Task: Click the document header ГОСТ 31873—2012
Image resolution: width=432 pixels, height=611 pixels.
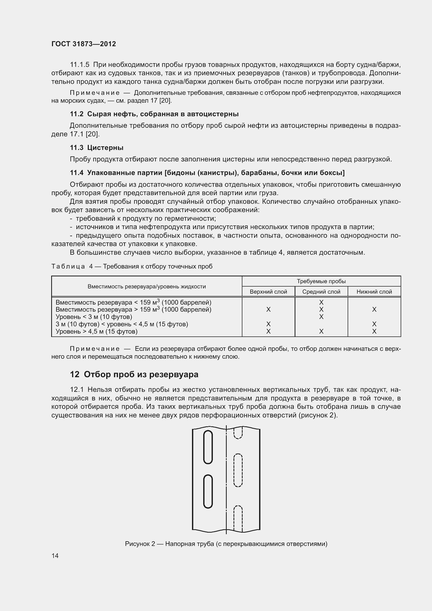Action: (x=84, y=44)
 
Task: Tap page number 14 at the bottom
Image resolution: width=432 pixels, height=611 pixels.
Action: (x=55, y=556)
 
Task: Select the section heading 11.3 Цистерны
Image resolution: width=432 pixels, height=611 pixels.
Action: (x=97, y=148)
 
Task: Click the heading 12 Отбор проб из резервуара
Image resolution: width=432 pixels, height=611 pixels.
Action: (x=134, y=374)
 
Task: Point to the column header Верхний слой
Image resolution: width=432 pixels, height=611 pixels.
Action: (x=268, y=292)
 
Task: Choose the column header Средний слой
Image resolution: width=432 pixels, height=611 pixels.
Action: (x=321, y=292)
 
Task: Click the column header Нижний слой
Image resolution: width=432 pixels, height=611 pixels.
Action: (x=374, y=292)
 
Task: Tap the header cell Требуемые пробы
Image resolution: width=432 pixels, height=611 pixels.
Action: (x=321, y=281)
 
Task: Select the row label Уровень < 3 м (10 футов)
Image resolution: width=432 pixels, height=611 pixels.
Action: (x=94, y=317)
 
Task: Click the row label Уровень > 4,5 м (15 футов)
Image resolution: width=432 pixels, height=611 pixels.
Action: (x=96, y=331)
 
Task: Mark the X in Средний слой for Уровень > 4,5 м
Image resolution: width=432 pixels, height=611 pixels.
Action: (x=321, y=331)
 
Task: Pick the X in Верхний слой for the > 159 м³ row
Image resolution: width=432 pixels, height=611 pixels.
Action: (x=268, y=310)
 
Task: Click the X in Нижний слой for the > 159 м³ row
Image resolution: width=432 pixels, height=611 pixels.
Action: (x=374, y=310)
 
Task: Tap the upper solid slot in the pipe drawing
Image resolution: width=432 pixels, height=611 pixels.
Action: (x=208, y=447)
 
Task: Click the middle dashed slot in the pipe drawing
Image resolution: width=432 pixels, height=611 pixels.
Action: (x=238, y=470)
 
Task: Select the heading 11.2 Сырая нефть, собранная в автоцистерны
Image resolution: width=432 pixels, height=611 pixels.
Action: (x=154, y=114)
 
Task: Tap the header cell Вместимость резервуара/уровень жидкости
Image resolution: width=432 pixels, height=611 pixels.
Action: (x=147, y=287)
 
